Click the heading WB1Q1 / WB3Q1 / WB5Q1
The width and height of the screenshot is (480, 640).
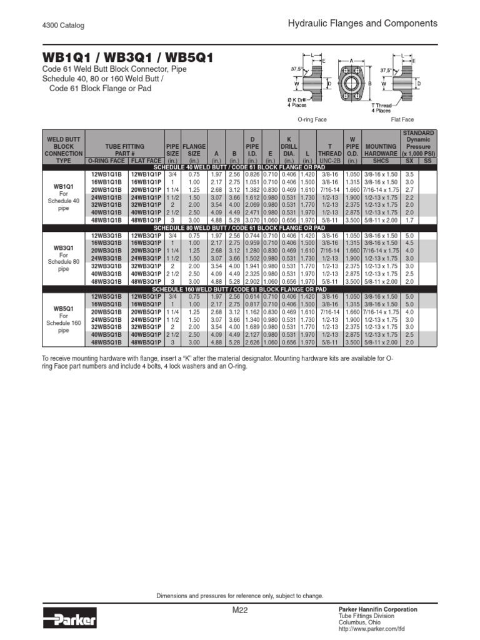[127, 58]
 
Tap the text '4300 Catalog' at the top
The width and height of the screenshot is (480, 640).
[63, 26]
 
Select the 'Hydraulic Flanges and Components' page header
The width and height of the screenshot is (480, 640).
[362, 24]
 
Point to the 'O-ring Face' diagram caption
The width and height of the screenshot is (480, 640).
[312, 119]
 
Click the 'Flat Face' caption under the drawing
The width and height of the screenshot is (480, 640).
[403, 119]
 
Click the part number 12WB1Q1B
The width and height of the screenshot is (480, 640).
[106, 174]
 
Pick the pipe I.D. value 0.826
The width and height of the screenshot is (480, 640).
[251, 174]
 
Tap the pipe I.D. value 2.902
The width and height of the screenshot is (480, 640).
[251, 281]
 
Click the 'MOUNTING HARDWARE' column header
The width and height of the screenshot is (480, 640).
[381, 150]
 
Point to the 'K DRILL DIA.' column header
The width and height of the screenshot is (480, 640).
[289, 146]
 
